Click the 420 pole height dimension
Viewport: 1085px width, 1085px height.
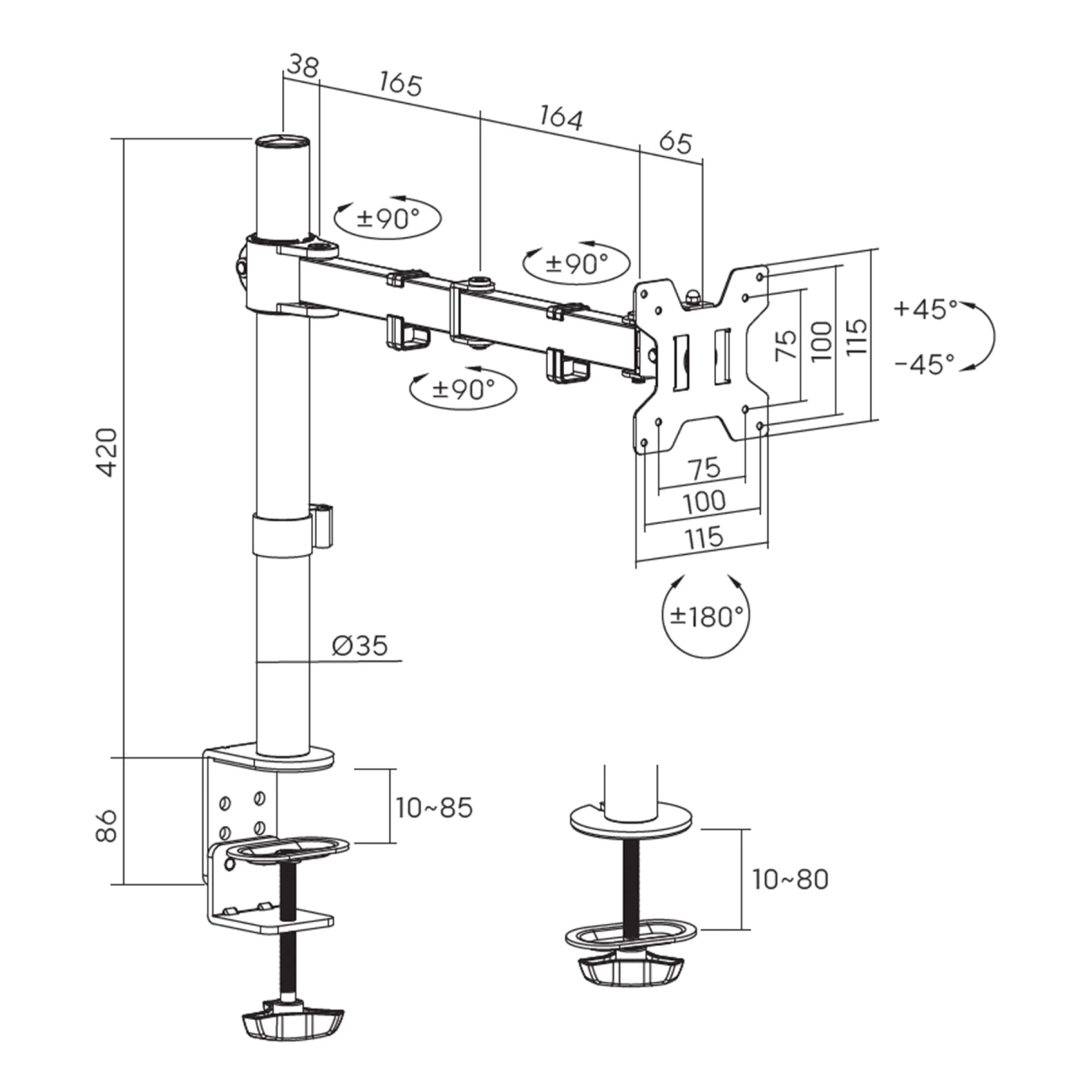coord(105,451)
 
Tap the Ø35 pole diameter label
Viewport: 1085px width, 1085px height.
coord(360,645)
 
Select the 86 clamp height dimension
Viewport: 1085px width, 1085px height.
coord(105,825)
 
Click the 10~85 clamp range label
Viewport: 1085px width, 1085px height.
coord(434,808)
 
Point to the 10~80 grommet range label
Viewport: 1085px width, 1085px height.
coord(790,879)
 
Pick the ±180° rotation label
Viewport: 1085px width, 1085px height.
coord(706,616)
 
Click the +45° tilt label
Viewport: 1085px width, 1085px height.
coord(925,308)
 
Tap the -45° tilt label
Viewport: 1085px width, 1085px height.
coord(925,363)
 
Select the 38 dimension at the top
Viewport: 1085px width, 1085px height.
coord(302,67)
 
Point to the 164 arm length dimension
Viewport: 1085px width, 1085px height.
coord(560,118)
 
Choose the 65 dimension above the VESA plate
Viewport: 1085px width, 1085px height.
coord(674,143)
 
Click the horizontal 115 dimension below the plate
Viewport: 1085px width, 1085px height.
coord(704,537)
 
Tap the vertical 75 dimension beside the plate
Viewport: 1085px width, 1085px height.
coord(786,343)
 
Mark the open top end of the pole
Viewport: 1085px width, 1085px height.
coord(282,142)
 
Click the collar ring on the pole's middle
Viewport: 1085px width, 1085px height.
coord(283,533)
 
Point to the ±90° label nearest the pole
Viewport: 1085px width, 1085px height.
coord(387,219)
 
